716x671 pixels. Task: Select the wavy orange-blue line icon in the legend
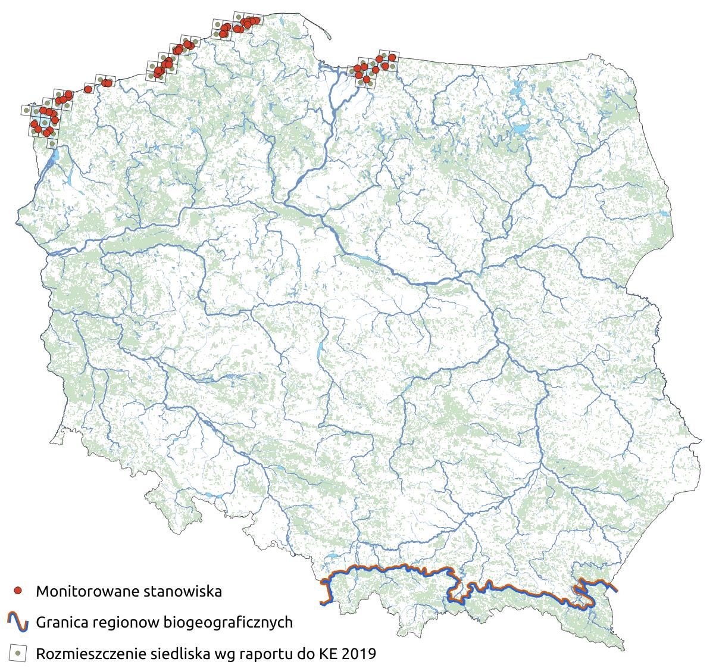tap(18, 622)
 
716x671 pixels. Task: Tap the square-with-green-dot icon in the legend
tap(18, 653)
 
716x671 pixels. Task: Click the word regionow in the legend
tap(123, 623)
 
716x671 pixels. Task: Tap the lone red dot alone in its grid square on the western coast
tap(88, 89)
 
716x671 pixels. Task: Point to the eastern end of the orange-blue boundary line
tap(615, 590)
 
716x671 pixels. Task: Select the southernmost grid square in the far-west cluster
tap(52, 143)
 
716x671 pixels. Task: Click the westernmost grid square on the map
tap(26, 110)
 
